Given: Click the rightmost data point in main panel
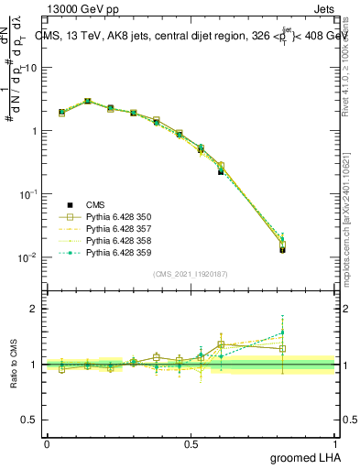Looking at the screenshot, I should [x=308, y=247].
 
